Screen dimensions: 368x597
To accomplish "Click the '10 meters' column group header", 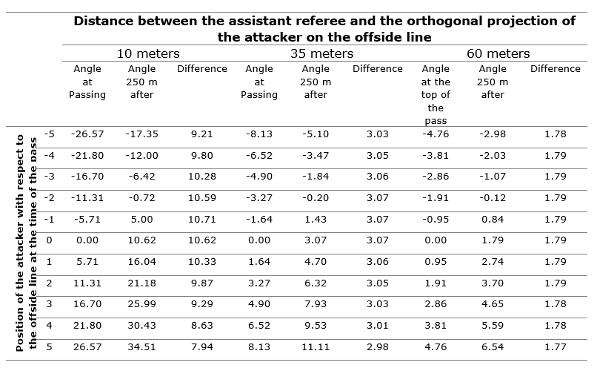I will click(x=147, y=53).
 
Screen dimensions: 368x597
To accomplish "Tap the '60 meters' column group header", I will click(x=498, y=53).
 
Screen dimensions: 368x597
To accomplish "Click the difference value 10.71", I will click(x=202, y=220).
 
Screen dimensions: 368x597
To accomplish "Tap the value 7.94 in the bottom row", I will click(x=202, y=347).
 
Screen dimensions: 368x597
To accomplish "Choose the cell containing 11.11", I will click(x=316, y=347).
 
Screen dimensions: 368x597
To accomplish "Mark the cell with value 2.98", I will click(x=377, y=347).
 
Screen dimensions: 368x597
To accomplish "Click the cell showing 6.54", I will click(x=493, y=347).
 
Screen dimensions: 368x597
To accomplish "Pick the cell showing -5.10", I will click(x=316, y=134).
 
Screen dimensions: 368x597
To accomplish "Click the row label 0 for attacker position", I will click(x=49, y=240).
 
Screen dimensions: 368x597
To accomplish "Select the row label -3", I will click(x=49, y=177).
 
